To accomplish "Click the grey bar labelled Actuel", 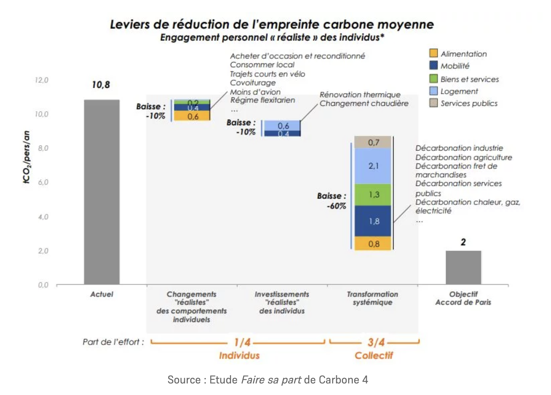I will coord(101,192).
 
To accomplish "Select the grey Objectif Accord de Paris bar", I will coord(463,267).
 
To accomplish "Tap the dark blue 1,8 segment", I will coord(373,221).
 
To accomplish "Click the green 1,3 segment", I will coord(373,195).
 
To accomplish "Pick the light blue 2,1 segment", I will coord(373,166).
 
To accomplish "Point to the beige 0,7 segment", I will coord(373,142).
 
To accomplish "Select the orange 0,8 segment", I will coord(373,244).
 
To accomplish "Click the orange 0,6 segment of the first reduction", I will coord(192,116).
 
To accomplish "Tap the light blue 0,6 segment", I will coord(282,126).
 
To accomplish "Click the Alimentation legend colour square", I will coord(433,53).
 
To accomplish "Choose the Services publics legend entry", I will coord(469,103).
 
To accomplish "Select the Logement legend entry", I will coord(459,91).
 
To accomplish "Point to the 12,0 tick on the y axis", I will coord(42,80).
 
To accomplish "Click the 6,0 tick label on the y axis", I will coord(43,182).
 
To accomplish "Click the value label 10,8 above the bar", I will coord(101,85).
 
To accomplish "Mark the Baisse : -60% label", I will coord(331,201).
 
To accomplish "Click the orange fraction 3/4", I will coord(376,342).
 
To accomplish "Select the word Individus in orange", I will coord(239,356).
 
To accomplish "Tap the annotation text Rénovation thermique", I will coord(360,95).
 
